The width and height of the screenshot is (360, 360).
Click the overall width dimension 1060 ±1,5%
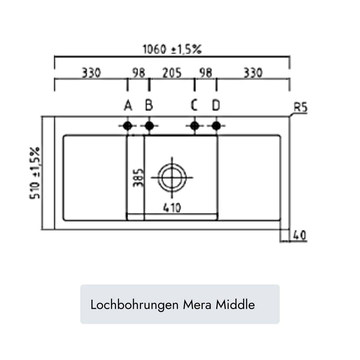[x=172, y=49]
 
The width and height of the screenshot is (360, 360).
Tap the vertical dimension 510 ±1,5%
[x=35, y=173]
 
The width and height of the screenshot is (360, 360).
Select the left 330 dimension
[x=91, y=73]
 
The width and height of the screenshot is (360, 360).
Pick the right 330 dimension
[x=253, y=73]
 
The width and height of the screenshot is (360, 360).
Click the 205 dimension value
[x=172, y=73]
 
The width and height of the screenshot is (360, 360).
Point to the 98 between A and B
[x=139, y=73]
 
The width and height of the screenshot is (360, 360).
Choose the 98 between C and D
[x=206, y=73]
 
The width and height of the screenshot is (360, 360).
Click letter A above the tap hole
[x=128, y=105]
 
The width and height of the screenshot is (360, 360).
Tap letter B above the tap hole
[x=149, y=105]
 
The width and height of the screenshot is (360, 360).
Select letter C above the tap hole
[x=194, y=105]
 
